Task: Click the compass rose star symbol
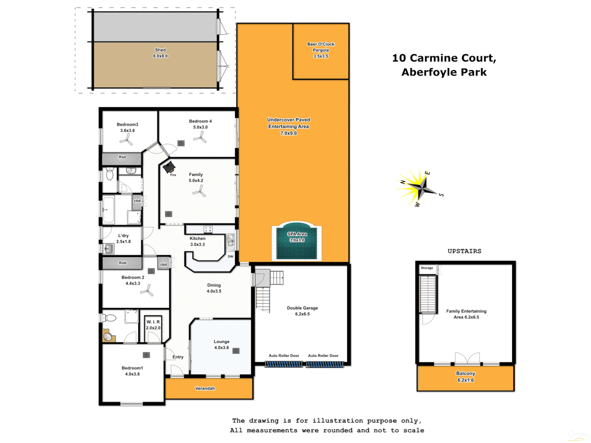coord(419,188)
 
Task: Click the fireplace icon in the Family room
coord(169,167)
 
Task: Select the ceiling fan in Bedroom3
coord(126,141)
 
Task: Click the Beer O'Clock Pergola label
coord(321,50)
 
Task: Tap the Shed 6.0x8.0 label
coord(160,53)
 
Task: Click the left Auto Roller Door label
coord(284,356)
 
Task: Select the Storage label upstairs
coord(427,268)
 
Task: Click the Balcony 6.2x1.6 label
coord(465,377)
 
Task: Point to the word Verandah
coord(205,388)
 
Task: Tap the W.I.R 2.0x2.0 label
coord(153,325)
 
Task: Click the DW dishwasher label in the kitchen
coord(230,257)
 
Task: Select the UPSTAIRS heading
coord(464,251)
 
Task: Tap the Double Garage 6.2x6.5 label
coord(302,311)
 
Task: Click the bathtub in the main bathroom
coord(108,210)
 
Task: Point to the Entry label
coord(178,357)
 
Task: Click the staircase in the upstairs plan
coord(428,294)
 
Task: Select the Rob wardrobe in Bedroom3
coord(122,158)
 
